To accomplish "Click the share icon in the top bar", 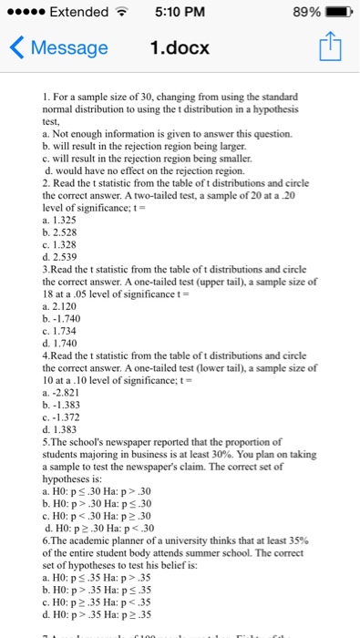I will click(x=330, y=47).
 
